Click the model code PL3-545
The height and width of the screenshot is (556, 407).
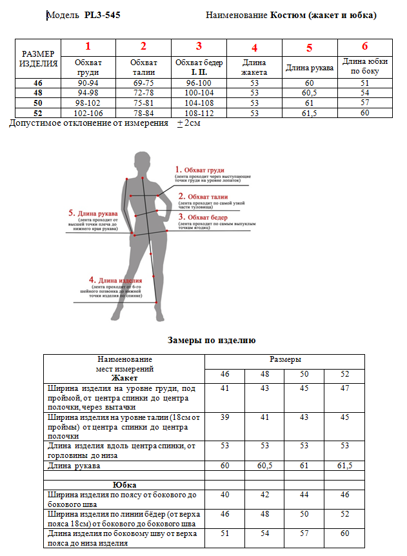102,15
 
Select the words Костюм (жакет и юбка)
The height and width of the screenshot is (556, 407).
323,15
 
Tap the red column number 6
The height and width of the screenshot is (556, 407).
364,46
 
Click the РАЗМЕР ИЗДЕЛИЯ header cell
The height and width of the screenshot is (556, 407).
39,59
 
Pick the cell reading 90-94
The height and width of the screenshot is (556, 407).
88,83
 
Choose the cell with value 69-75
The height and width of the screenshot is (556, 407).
143,83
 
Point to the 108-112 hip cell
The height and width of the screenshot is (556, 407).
199,113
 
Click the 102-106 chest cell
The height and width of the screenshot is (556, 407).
88,113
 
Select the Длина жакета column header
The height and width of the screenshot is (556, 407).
254,68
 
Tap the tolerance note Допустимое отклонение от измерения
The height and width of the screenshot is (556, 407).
88,123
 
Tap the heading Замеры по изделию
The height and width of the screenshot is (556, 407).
212,340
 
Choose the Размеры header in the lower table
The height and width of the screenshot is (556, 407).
285,360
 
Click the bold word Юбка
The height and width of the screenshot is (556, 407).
124,484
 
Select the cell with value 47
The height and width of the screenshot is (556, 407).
344,388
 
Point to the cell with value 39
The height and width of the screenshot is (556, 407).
224,417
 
